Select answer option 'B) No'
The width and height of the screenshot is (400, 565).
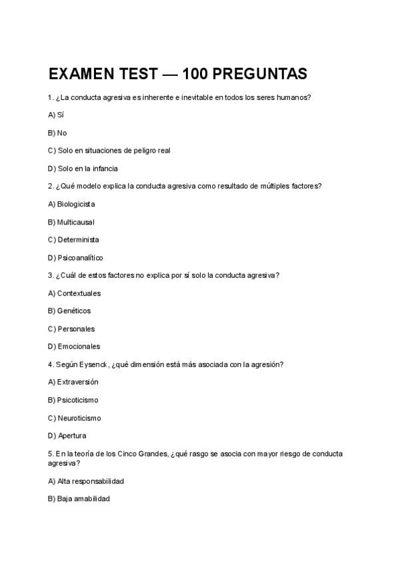57,133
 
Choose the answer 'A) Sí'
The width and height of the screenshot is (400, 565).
56,115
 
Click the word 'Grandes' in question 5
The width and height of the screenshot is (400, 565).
154,454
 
